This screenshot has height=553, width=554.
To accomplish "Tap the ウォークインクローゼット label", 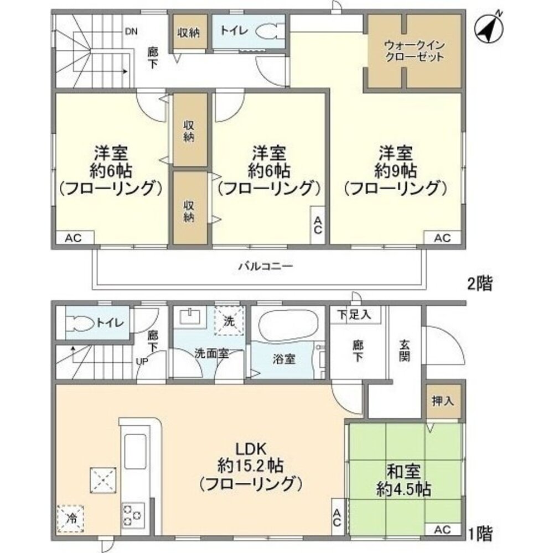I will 415,51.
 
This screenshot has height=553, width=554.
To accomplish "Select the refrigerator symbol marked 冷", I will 70,519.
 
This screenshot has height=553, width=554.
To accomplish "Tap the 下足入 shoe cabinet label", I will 355,315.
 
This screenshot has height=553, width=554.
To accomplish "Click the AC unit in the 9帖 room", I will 442,238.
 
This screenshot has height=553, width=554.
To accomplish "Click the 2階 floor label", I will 478,285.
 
